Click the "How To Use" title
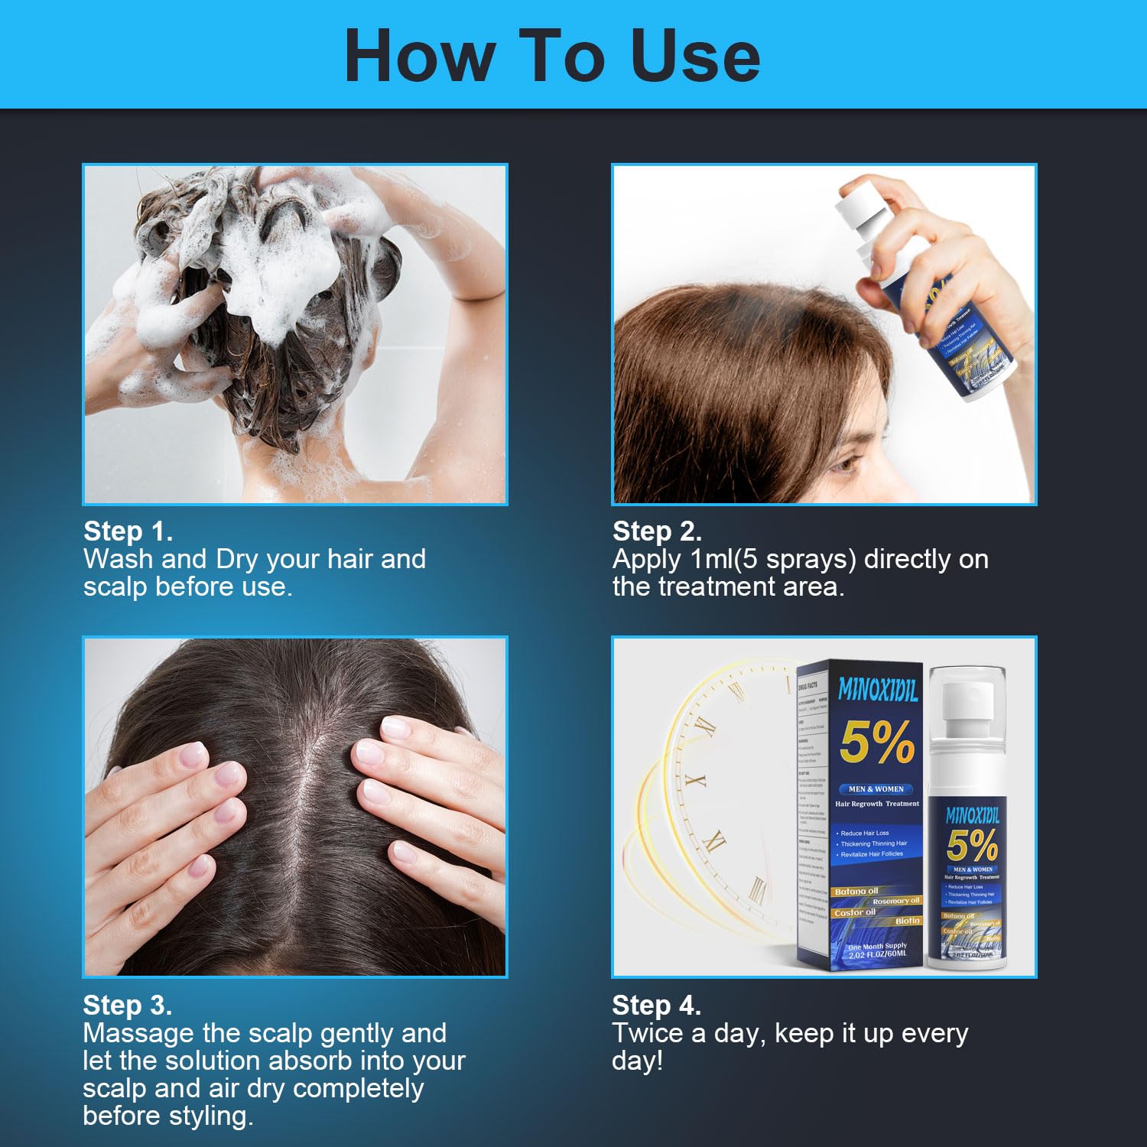point(552,55)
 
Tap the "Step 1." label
point(128,531)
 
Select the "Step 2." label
point(657,531)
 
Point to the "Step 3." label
point(127,1005)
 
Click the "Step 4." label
point(656,1005)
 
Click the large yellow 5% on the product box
point(876,742)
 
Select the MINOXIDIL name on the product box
point(877,689)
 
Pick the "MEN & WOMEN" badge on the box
point(876,788)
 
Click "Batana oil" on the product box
point(856,891)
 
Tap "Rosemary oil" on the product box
point(895,901)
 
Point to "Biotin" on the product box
point(907,921)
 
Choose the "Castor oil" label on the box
point(855,912)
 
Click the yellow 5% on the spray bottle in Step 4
point(972,845)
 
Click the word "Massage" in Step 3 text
point(138,1033)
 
